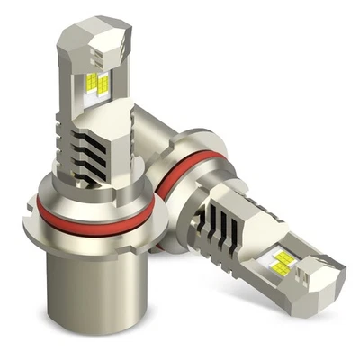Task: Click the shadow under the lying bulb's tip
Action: [x=306, y=301]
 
